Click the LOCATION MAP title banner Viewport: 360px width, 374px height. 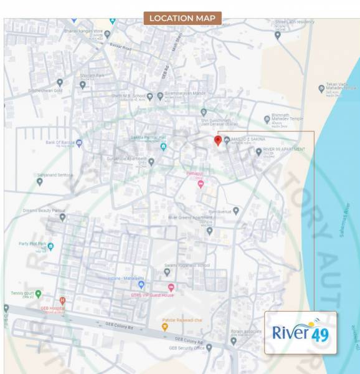[x=182, y=18]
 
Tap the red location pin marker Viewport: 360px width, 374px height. [x=218, y=140]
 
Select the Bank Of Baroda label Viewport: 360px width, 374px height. [x=60, y=142]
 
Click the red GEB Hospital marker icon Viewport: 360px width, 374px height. [x=62, y=300]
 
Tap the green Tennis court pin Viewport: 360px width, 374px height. [x=38, y=293]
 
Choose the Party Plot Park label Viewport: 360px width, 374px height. [x=33, y=244]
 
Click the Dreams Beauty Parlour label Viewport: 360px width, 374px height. [x=44, y=211]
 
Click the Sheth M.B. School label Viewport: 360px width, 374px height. [x=128, y=96]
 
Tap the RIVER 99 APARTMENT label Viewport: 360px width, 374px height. [x=284, y=150]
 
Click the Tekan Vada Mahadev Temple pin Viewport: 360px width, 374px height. [x=321, y=89]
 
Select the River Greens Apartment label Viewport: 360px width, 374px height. [x=191, y=218]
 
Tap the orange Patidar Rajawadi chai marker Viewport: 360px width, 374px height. [x=165, y=326]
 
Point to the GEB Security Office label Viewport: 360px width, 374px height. [x=187, y=348]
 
